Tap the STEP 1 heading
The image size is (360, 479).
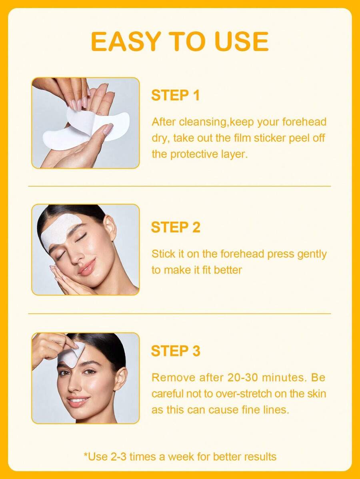pos(176,95)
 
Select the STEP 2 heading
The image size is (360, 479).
pos(176,228)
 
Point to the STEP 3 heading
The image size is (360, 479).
pos(176,351)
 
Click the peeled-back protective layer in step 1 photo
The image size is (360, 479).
pos(80,122)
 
